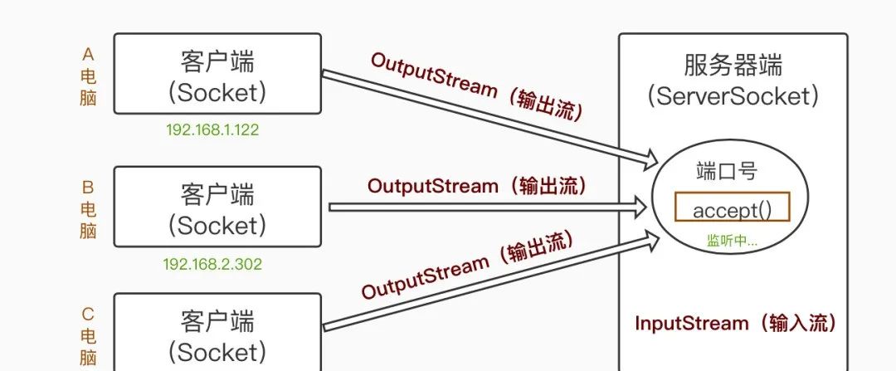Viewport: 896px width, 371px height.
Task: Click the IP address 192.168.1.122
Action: (x=207, y=130)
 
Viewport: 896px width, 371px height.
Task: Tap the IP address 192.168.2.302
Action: (x=212, y=264)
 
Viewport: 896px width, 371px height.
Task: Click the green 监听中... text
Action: (x=732, y=241)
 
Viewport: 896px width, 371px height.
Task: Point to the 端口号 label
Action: (x=726, y=172)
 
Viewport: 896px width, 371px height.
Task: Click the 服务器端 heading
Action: (x=733, y=65)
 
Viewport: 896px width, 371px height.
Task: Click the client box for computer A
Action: (x=217, y=74)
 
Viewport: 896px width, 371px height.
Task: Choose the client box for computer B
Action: (x=217, y=207)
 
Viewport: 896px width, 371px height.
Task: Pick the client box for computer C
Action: (x=217, y=332)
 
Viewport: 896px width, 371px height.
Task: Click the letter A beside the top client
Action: (x=88, y=55)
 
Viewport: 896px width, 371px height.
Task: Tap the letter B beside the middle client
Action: (x=88, y=188)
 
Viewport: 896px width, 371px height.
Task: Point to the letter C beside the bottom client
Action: (x=88, y=315)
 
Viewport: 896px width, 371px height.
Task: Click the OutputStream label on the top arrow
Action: (x=477, y=87)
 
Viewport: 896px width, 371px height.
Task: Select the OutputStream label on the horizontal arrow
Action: (x=477, y=186)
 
